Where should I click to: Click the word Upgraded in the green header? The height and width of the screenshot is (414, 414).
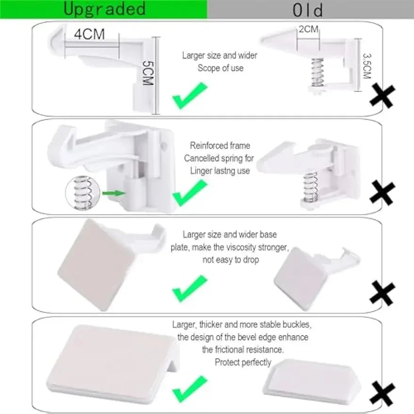[x=105, y=9]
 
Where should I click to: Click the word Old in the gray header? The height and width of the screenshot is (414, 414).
[x=308, y=10]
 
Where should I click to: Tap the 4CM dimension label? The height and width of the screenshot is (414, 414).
[x=89, y=34]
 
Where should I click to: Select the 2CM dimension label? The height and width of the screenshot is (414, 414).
[x=308, y=29]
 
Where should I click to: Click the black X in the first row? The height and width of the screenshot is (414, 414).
[x=382, y=96]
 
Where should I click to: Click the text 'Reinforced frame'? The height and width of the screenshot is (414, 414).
[x=220, y=146]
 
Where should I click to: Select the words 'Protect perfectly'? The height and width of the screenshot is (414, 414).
[x=243, y=362]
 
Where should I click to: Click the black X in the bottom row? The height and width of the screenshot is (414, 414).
[x=382, y=394]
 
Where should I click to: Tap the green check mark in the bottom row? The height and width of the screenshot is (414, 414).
[x=189, y=389]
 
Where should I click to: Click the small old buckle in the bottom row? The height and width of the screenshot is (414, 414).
[x=310, y=377]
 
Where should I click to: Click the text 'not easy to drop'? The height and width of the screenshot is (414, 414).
[x=231, y=260]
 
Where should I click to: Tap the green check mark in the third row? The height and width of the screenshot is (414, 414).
[x=189, y=288]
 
